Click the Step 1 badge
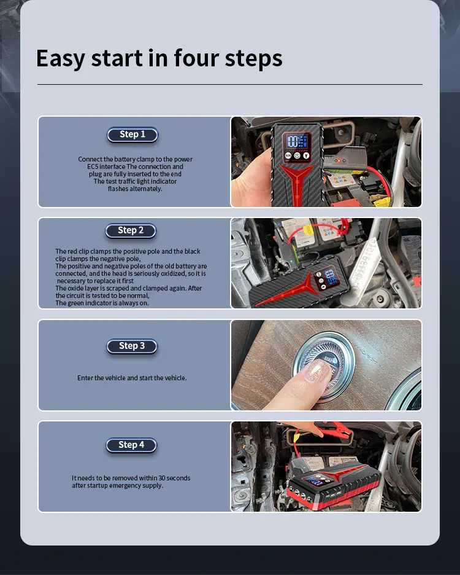[x=132, y=135]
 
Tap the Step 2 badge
[x=131, y=230]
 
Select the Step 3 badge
[x=132, y=346]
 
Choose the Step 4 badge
[x=131, y=445]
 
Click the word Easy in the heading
[x=61, y=59]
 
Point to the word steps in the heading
[x=253, y=59]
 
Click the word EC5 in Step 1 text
[x=93, y=166]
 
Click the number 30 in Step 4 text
[x=162, y=478]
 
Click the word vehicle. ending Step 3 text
[x=175, y=378]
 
